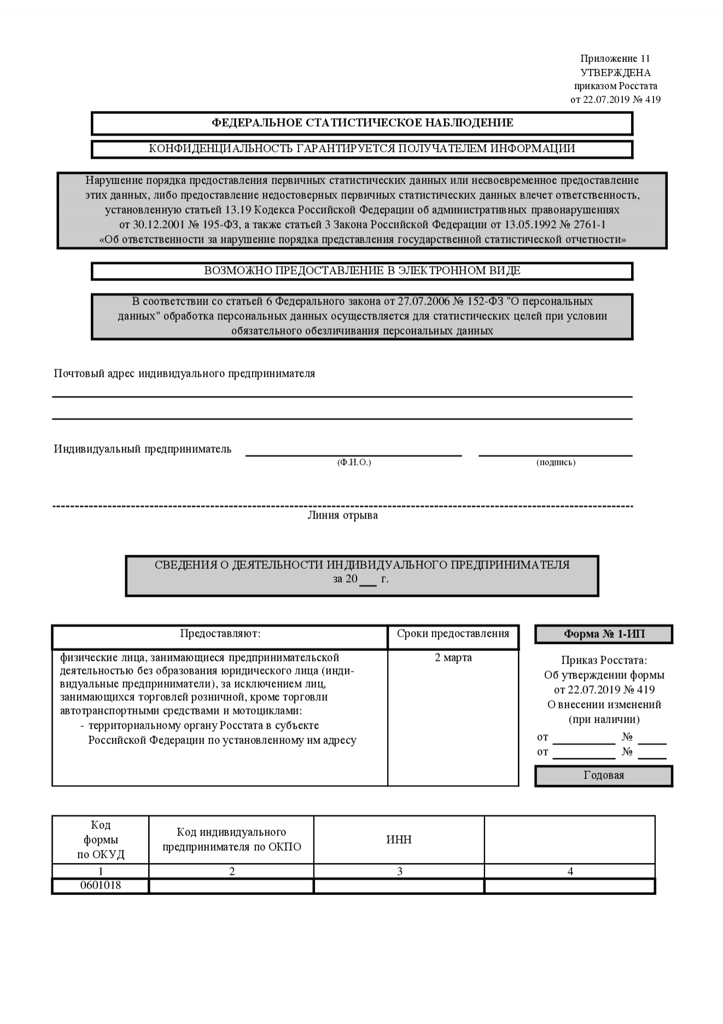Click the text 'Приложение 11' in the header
coord(615,59)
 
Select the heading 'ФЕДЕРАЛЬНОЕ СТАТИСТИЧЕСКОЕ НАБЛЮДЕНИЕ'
coord(362,123)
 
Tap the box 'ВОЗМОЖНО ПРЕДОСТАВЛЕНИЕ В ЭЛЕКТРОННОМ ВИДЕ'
coord(362,271)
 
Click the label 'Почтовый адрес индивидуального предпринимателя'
coord(184,374)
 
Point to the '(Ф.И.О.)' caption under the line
coord(354,463)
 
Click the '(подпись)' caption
coord(556,463)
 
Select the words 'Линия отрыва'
coord(342,515)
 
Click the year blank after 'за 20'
coord(369,580)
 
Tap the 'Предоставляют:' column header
coord(220,633)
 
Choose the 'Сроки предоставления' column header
coord(453,633)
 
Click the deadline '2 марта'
coord(453,658)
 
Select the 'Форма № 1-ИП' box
coord(604,634)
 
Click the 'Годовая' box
coord(604,775)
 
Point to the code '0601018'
coord(101,885)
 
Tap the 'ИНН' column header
coord(399,840)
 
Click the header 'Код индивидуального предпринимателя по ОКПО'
coord(231,840)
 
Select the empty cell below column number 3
coord(399,886)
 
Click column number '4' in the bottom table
coord(570,871)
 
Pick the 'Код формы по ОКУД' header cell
coord(101,840)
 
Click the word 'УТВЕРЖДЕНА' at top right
coord(615,73)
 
